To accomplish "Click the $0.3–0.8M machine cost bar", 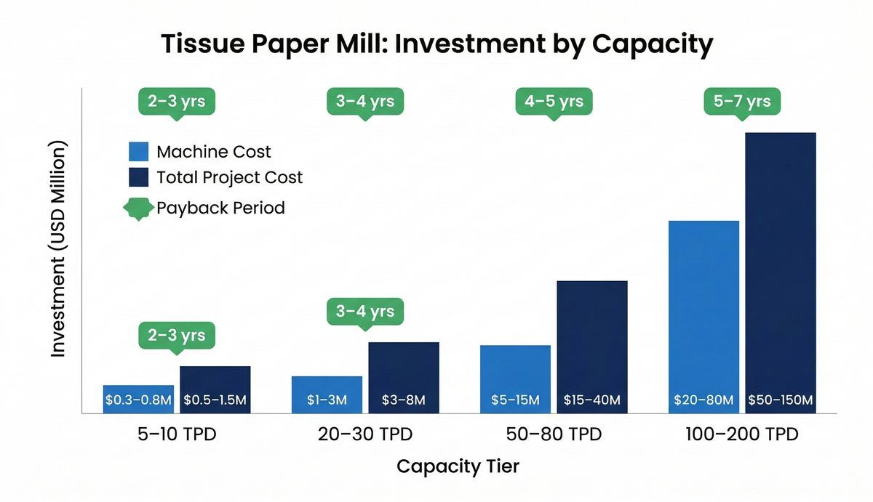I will [x=138, y=399].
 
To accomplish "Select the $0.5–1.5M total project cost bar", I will [x=215, y=389].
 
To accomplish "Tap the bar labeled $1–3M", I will [x=327, y=394].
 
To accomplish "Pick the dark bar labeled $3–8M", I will [x=404, y=377].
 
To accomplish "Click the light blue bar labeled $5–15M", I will [x=515, y=378].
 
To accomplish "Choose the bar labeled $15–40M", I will [x=592, y=347].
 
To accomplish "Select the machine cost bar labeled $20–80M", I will [x=703, y=317].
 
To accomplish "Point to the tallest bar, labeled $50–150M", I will [x=781, y=272].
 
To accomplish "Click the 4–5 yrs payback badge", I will [x=554, y=101].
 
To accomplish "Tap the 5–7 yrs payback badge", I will [x=742, y=101].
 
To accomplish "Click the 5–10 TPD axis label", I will [x=177, y=434].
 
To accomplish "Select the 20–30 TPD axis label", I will [x=365, y=434].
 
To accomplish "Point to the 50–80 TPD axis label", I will [x=554, y=434].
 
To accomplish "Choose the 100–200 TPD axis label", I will [x=742, y=434].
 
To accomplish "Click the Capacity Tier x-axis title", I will [x=458, y=466].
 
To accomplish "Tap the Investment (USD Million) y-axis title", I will [x=59, y=249].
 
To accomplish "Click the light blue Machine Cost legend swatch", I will [x=138, y=151].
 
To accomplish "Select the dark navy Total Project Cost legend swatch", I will [x=138, y=177].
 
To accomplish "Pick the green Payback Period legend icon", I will [x=138, y=208].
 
